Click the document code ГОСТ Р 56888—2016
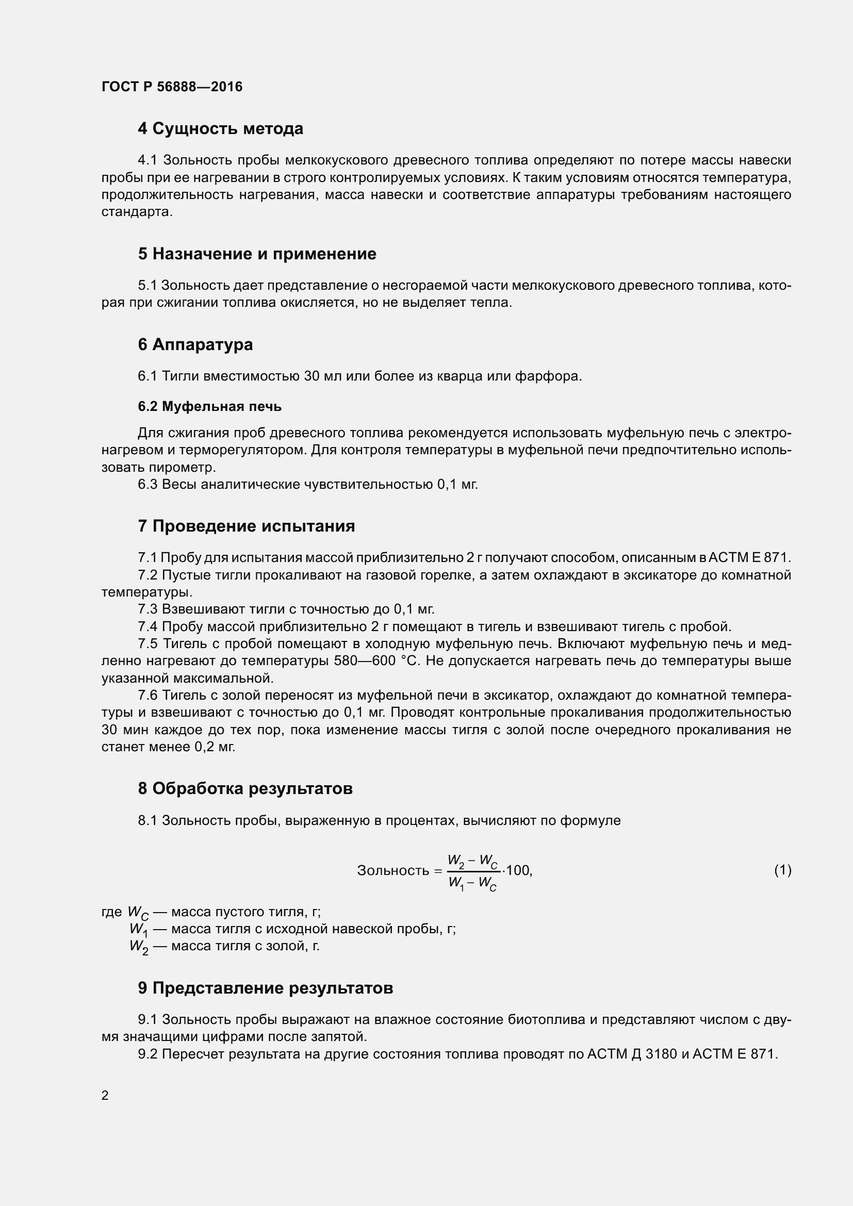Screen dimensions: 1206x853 click(x=172, y=87)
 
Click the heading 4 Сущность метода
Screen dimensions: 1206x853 click(x=220, y=129)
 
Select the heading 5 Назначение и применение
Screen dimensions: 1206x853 click(x=257, y=254)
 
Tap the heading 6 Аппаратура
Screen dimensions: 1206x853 click(x=195, y=344)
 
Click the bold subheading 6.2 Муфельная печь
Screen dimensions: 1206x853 click(x=209, y=406)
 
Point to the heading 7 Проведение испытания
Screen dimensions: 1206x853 click(x=246, y=526)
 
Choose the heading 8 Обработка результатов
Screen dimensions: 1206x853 click(x=245, y=788)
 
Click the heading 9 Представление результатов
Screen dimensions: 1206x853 click(x=265, y=988)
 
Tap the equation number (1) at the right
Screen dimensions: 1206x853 click(x=782, y=871)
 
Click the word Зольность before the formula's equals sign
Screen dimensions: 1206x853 click(x=393, y=871)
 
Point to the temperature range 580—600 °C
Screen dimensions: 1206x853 click(x=376, y=662)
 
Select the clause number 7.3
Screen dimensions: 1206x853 click(x=147, y=609)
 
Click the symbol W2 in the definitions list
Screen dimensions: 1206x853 click(x=139, y=947)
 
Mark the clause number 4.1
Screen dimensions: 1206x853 click(x=147, y=160)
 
